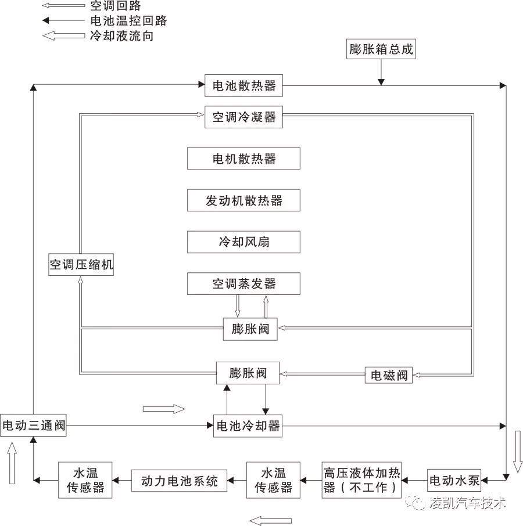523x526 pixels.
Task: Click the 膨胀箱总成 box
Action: [381, 49]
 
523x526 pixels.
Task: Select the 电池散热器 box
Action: [243, 87]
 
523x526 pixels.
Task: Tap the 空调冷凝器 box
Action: [243, 117]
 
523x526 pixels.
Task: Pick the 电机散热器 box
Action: [243, 158]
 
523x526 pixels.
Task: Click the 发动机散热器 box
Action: [243, 200]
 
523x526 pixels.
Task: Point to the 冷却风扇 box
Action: [243, 242]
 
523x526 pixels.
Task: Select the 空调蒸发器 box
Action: [243, 284]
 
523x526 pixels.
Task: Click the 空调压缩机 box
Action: [81, 265]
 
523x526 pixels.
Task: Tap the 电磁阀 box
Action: [389, 375]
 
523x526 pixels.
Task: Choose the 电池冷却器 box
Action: [248, 426]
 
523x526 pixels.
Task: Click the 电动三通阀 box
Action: [33, 426]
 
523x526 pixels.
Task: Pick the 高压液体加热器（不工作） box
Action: [361, 480]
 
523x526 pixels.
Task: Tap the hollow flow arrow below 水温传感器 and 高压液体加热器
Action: [270, 520]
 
